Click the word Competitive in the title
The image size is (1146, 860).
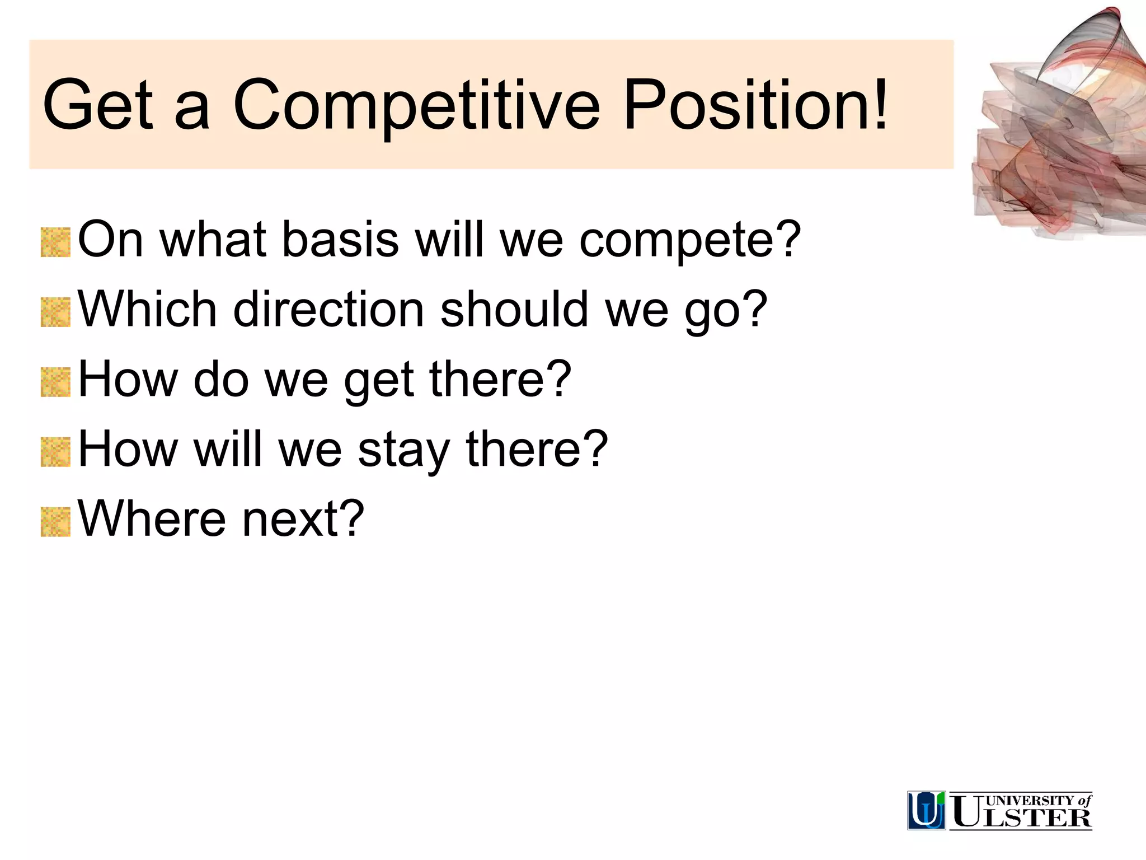(x=416, y=105)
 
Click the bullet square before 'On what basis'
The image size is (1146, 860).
(x=55, y=242)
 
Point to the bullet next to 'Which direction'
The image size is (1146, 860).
(x=55, y=312)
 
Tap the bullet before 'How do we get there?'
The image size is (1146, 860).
(x=55, y=382)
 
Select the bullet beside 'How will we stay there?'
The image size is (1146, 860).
(x=55, y=452)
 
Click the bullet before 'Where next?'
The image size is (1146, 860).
(x=55, y=522)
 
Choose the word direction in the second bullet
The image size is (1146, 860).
(x=328, y=310)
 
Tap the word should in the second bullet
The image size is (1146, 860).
(x=514, y=310)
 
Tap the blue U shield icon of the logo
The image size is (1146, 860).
(x=926, y=810)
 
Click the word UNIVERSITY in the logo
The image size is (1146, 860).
(x=1030, y=801)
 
